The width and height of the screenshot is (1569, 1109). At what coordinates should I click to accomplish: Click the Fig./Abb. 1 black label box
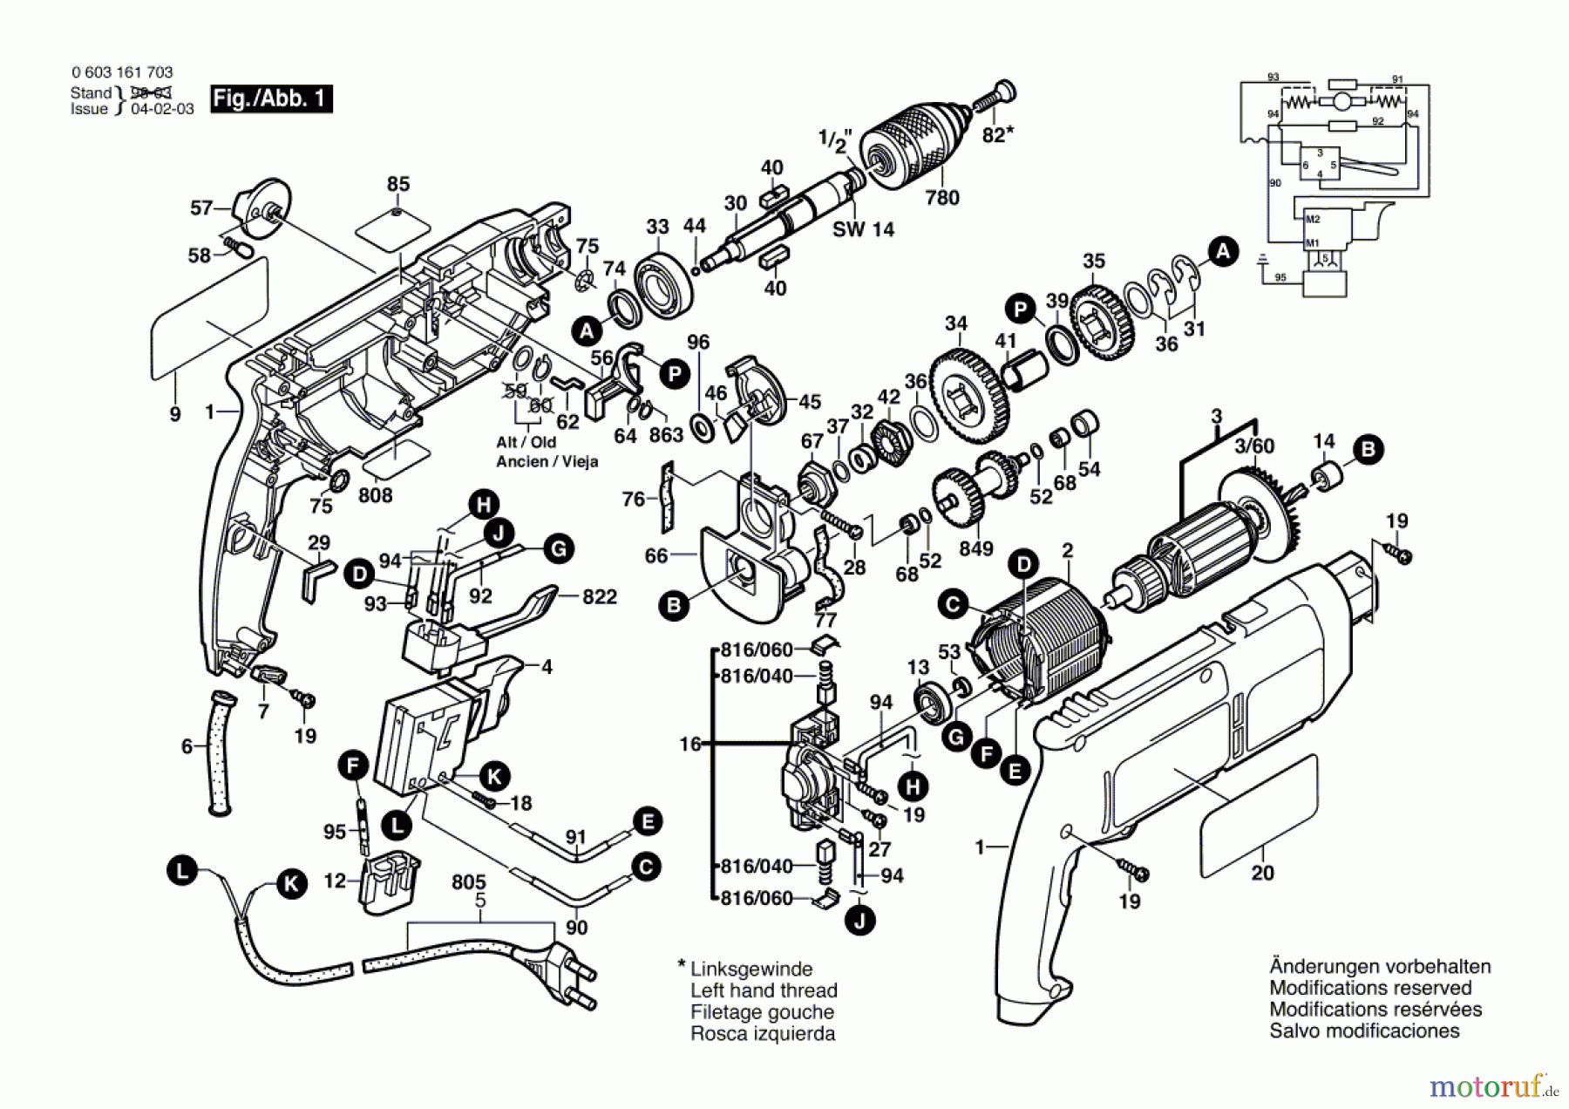coord(271,99)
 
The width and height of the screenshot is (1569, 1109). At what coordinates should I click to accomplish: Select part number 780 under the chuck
coord(941,198)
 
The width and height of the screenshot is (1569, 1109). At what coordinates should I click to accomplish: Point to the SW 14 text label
coord(863,229)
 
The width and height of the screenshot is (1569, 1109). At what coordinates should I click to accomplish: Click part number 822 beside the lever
coord(599,597)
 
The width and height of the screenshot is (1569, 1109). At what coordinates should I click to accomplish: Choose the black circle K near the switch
coord(494,776)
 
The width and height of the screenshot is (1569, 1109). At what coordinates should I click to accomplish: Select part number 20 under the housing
coord(1262,873)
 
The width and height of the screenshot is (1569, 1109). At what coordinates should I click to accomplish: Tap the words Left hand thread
coord(763,990)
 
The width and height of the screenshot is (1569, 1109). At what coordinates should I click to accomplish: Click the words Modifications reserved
coord(1369,988)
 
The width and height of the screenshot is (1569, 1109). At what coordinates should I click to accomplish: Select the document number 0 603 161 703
coord(122,72)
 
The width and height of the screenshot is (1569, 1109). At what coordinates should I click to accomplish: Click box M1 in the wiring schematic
coord(1312,243)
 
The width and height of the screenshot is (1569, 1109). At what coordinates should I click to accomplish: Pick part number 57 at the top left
coord(201,208)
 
